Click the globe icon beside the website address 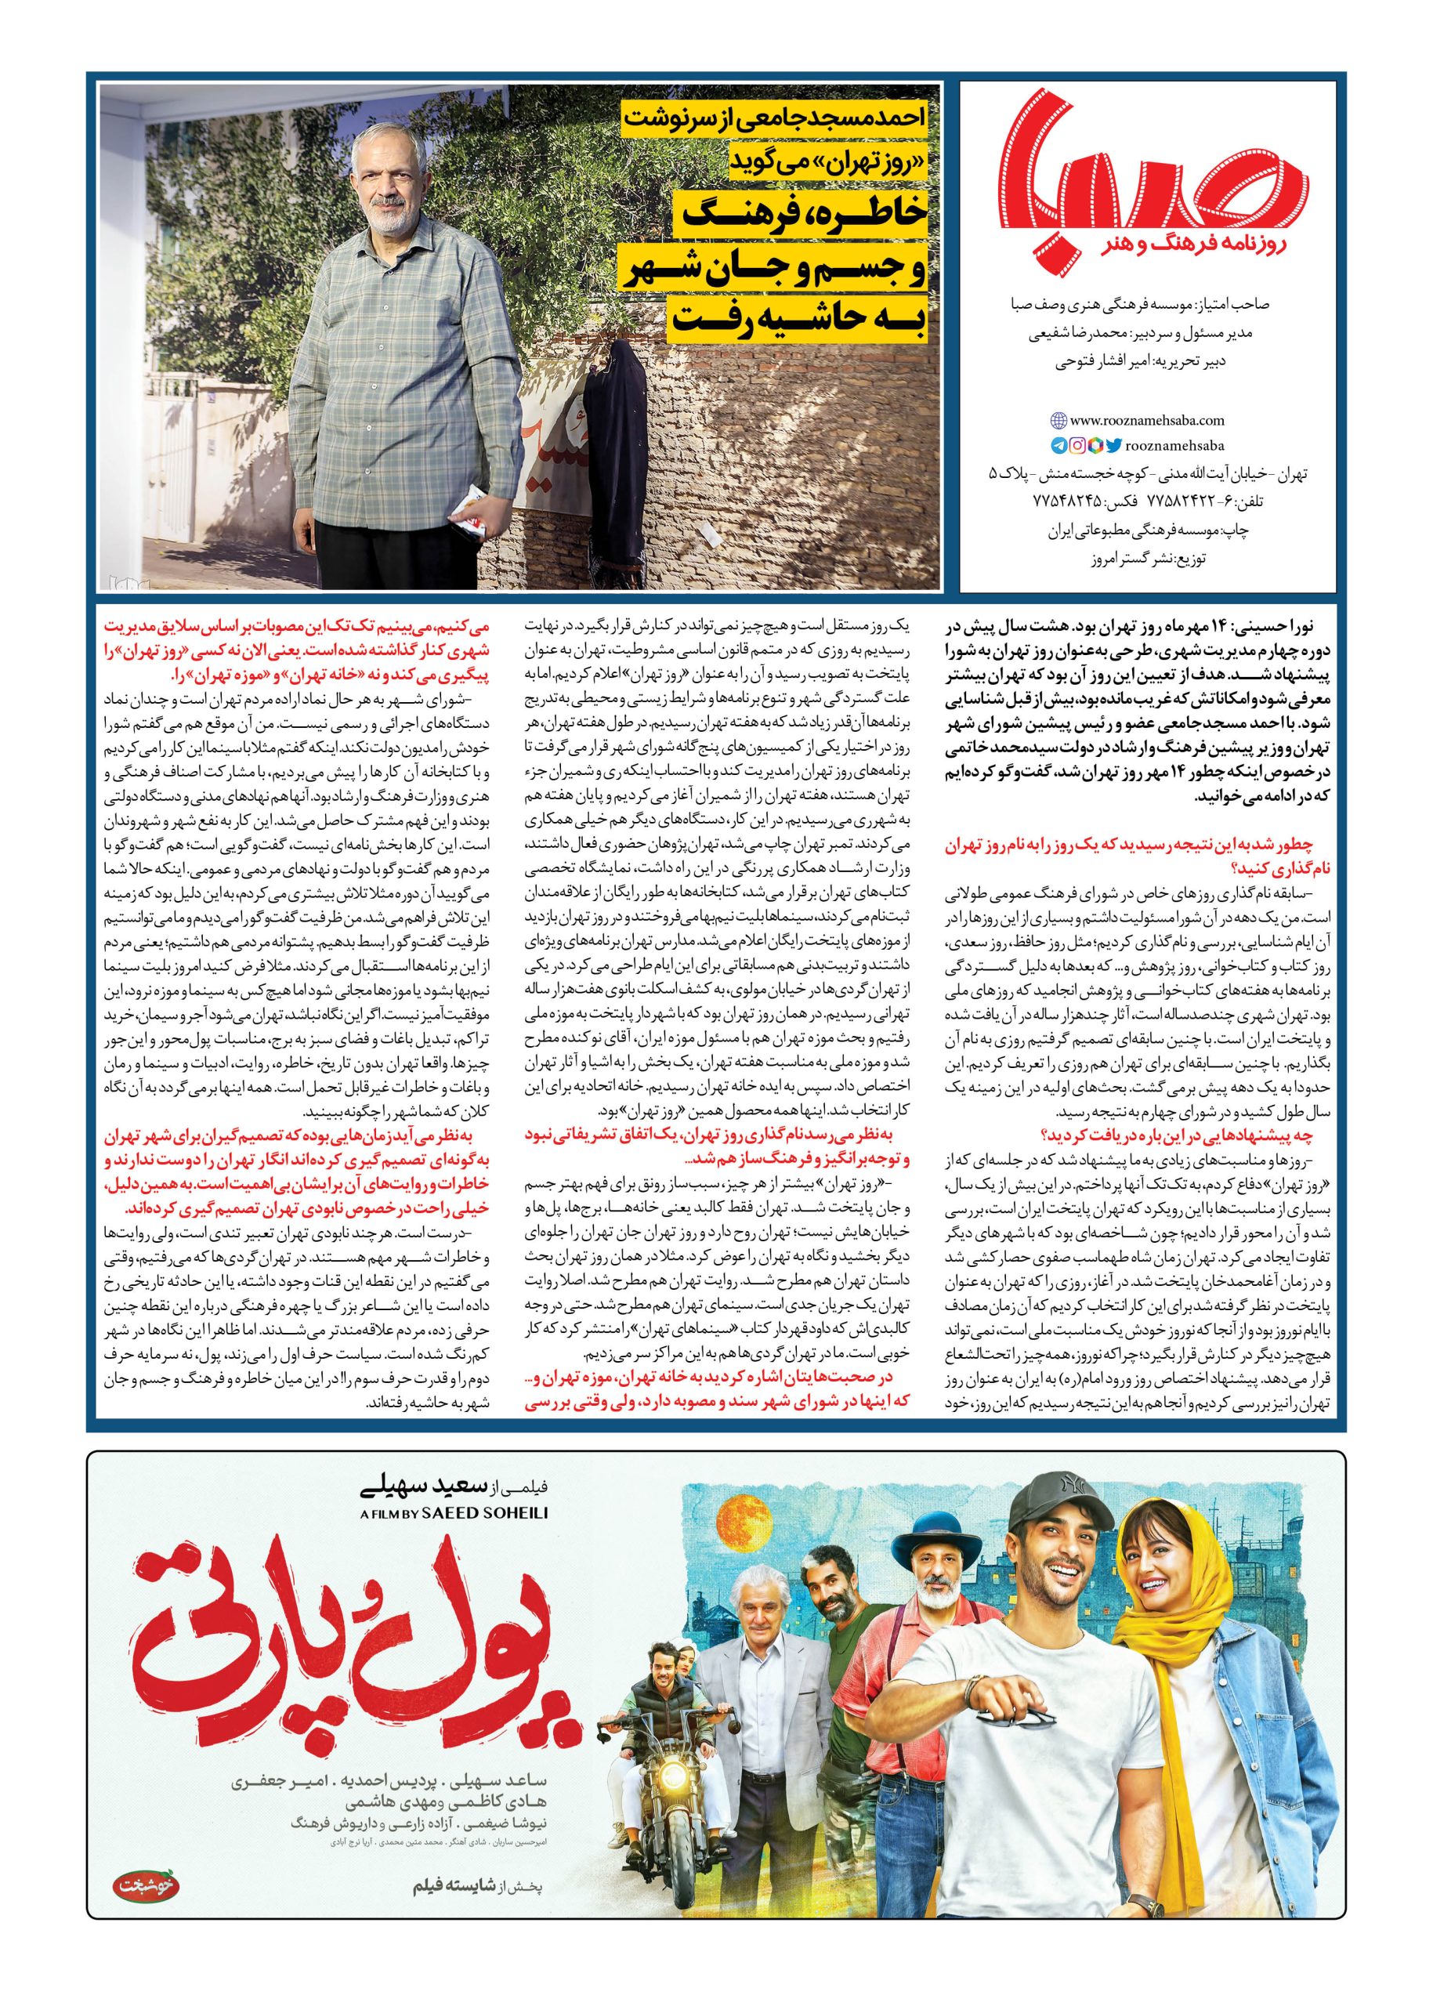click(1058, 422)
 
